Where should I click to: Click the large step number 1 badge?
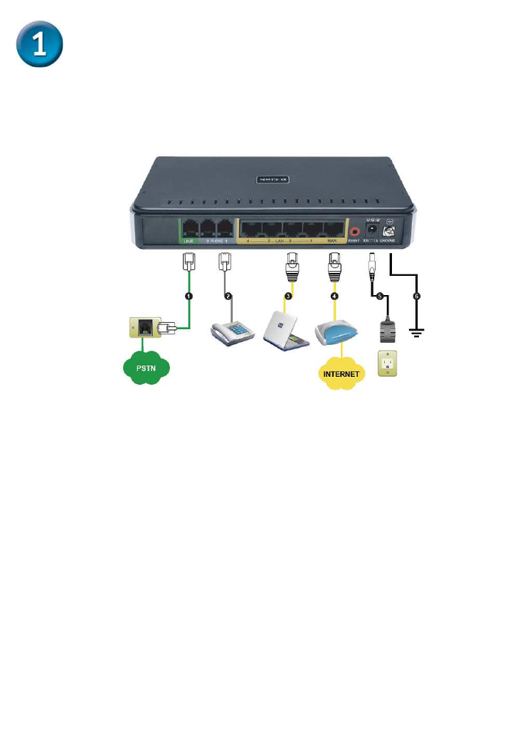(41, 45)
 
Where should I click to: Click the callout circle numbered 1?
(189, 296)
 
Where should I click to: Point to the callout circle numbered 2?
(228, 296)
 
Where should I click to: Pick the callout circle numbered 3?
(287, 296)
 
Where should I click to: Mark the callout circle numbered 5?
(379, 296)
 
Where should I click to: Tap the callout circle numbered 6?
(416, 296)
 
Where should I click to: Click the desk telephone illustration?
(233, 331)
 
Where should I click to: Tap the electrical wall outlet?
(387, 363)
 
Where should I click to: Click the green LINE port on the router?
(189, 228)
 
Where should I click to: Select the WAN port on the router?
(333, 230)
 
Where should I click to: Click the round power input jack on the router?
(371, 230)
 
